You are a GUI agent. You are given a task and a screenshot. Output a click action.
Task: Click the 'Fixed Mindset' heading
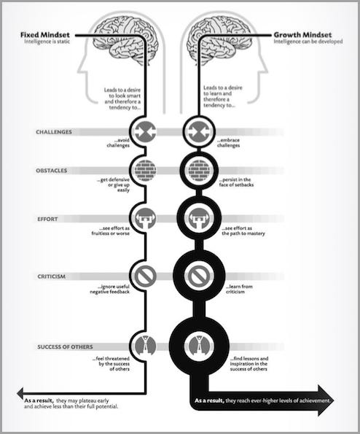point(44,35)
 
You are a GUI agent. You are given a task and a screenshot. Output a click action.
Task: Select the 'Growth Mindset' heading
point(302,35)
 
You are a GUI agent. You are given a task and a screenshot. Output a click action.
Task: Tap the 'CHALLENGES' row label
point(54,132)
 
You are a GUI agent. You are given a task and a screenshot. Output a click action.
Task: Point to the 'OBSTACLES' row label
point(52,171)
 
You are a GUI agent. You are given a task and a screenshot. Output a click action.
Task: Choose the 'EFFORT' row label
point(47,220)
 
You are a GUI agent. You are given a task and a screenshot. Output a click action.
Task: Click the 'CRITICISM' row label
point(52,276)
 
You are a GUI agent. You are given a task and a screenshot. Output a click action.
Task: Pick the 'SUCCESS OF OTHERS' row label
point(65,346)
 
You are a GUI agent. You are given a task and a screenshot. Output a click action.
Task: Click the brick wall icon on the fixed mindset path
point(145,171)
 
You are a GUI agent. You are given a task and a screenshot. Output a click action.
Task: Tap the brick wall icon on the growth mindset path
point(199,171)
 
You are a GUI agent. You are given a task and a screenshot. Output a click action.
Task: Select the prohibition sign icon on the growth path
point(199,276)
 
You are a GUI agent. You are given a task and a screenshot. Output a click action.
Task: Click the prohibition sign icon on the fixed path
point(145,276)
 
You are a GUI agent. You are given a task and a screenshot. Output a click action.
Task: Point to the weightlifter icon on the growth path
point(199,219)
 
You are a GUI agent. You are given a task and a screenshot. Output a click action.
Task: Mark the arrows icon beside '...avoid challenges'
point(145,132)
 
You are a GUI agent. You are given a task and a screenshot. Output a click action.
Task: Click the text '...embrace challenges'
point(228,143)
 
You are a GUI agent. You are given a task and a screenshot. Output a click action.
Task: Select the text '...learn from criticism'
point(239,289)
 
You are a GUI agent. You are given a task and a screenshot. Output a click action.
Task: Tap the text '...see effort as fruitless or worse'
point(111,230)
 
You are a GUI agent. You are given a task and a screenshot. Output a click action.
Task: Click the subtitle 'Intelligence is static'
point(47,42)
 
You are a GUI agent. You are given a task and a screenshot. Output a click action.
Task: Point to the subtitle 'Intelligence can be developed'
point(308,42)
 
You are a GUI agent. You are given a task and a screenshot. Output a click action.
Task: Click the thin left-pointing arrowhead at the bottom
point(20,393)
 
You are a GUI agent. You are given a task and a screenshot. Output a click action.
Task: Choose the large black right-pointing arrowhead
point(326,400)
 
